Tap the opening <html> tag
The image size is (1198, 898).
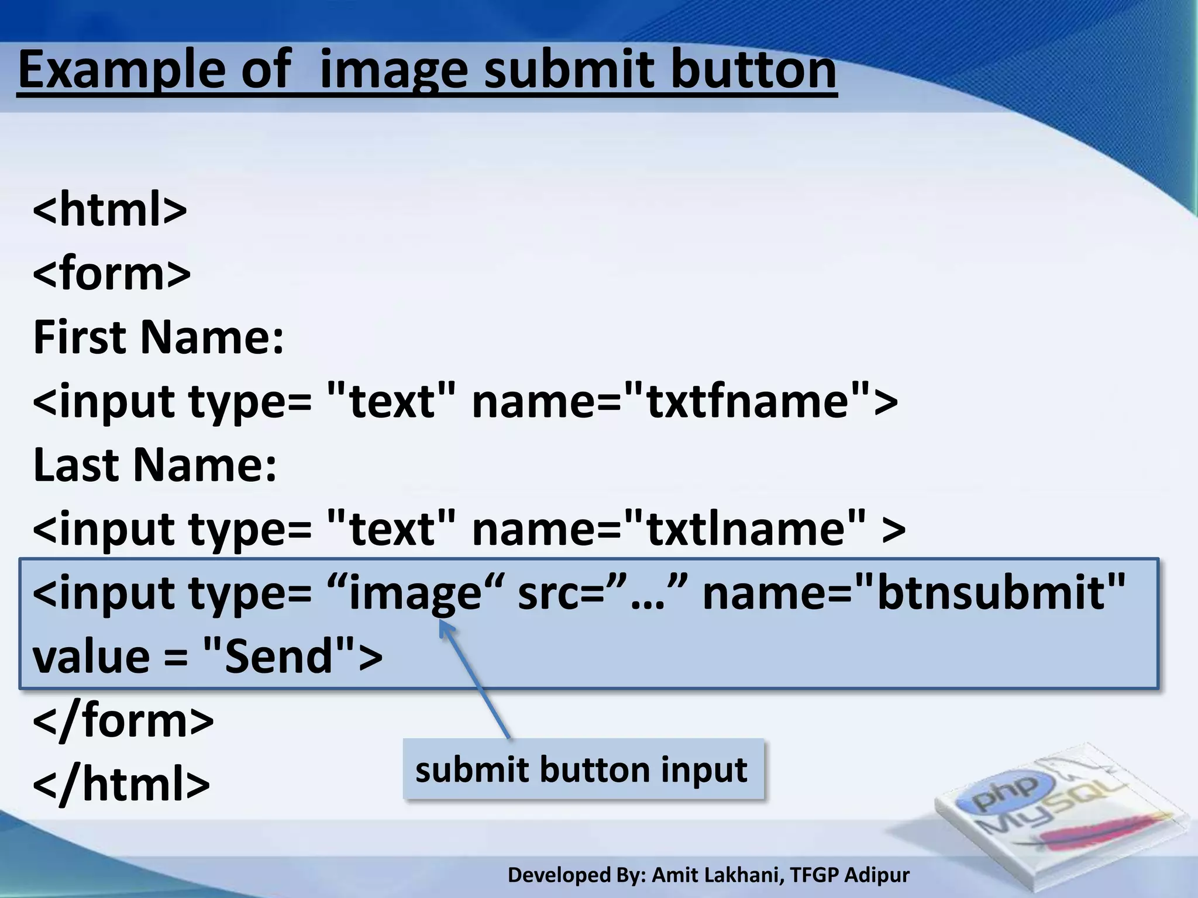[110, 209]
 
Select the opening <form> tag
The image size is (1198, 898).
[112, 273]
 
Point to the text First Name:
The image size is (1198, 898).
[159, 337]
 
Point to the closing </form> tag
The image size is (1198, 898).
[123, 721]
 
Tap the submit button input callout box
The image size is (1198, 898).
[583, 769]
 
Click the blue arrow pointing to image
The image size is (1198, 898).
[474, 678]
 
